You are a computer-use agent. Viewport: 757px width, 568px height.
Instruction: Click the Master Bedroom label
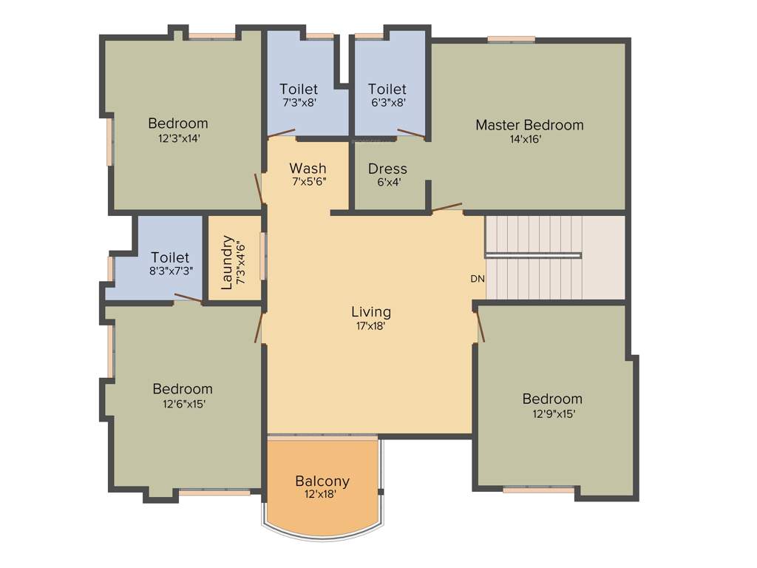point(529,125)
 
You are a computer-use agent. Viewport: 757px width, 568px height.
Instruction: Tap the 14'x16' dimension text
point(529,139)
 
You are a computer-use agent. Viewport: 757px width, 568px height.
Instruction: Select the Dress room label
point(387,169)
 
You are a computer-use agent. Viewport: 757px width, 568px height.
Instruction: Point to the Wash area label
point(308,168)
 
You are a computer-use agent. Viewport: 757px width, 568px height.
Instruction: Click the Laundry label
point(227,263)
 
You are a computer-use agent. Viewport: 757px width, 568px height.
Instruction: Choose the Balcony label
point(322,481)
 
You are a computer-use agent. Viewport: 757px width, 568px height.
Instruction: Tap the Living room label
point(371,311)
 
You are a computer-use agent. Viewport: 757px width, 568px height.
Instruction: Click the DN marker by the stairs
point(478,279)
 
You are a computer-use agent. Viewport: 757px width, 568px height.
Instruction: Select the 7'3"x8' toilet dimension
point(299,104)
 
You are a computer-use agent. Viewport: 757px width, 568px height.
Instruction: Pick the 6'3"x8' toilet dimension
point(387,104)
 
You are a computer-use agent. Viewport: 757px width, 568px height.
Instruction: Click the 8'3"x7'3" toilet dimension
point(171,271)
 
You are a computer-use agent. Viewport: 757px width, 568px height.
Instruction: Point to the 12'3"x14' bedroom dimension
point(178,137)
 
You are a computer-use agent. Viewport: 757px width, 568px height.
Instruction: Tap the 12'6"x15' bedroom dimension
point(183,403)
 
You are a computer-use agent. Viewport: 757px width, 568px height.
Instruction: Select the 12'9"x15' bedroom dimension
point(552,413)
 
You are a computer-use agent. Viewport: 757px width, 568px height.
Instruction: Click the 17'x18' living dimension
point(371,325)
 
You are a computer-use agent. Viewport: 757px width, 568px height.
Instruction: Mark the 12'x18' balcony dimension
point(322,494)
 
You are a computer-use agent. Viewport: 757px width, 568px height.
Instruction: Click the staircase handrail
point(533,255)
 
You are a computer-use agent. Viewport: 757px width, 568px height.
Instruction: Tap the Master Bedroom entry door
point(447,208)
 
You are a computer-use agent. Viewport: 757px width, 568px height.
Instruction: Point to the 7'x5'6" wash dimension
point(308,181)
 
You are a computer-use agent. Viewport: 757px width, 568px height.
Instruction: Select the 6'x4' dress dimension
point(387,182)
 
